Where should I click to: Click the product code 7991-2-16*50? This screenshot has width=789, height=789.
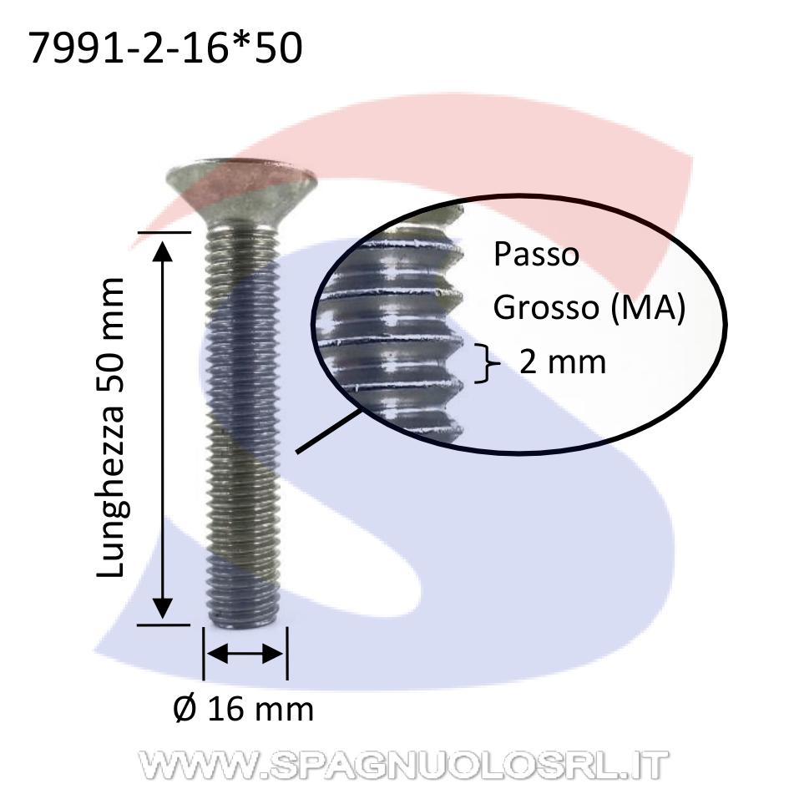click(x=165, y=48)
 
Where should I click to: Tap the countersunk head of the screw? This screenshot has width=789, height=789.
click(x=241, y=194)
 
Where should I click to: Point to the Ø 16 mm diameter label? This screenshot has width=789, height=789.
click(x=244, y=709)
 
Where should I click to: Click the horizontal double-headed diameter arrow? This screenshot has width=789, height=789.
click(x=245, y=654)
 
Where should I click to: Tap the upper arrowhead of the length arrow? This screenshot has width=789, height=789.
click(x=162, y=251)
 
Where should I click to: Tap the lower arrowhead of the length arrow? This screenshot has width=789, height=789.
click(x=162, y=609)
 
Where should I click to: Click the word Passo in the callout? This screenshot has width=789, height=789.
click(x=536, y=255)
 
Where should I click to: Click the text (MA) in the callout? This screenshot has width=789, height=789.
click(x=648, y=308)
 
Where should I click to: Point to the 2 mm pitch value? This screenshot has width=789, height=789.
click(x=563, y=362)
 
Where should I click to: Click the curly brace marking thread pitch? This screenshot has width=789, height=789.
click(x=487, y=363)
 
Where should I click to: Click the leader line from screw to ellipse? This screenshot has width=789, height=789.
click(x=328, y=431)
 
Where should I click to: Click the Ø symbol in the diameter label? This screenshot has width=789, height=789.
click(x=185, y=709)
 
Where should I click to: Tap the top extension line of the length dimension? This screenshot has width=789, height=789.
click(x=164, y=232)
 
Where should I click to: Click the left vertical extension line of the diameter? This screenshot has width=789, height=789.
click(x=203, y=653)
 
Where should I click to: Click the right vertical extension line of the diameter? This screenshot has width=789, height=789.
click(x=287, y=653)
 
